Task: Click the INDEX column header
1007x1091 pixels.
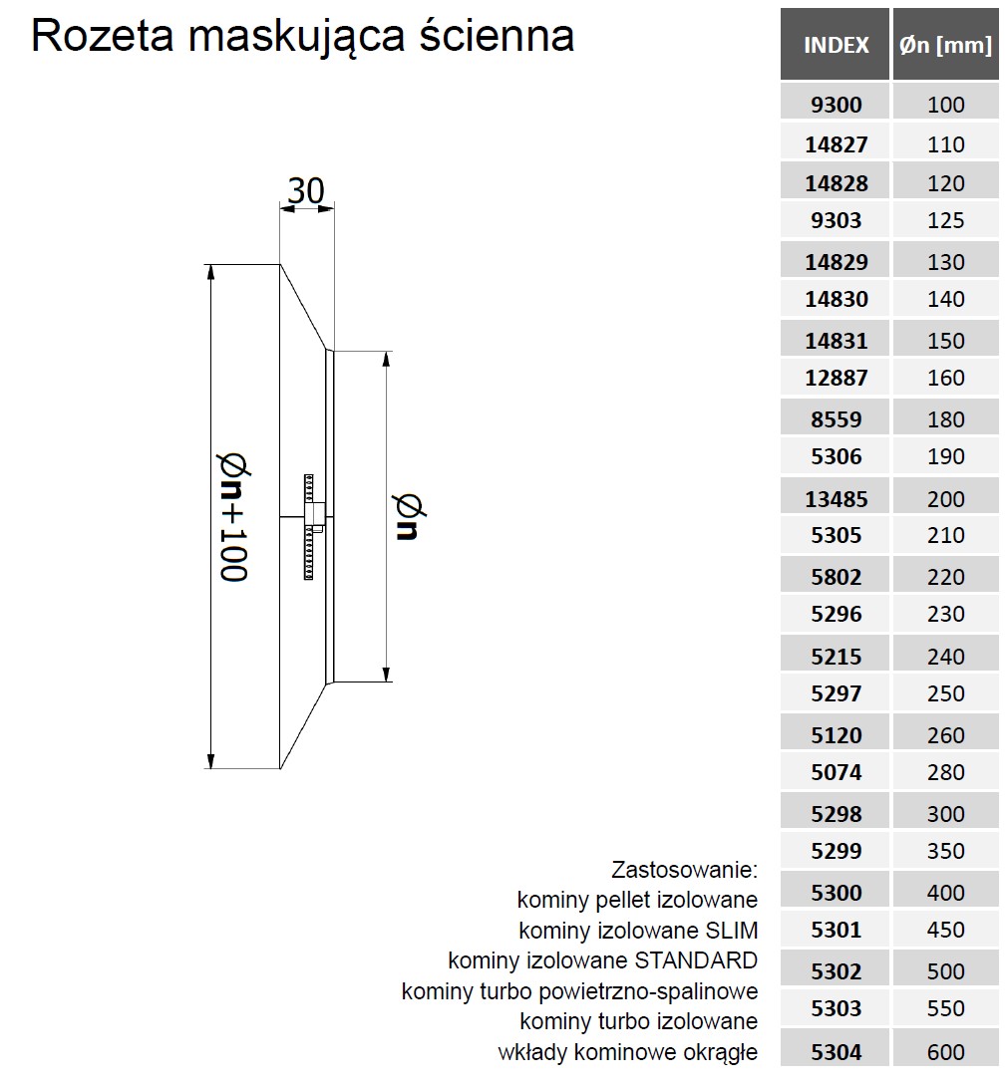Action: [836, 45]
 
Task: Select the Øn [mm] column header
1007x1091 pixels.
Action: [945, 45]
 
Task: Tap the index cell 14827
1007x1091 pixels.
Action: [836, 144]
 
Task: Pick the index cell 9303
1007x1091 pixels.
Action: [836, 220]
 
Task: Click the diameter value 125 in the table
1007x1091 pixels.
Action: [946, 220]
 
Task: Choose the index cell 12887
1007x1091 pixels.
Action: [836, 378]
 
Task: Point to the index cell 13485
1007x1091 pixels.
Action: [836, 499]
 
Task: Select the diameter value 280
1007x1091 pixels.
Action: [946, 771]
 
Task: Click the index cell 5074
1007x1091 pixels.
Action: [836, 771]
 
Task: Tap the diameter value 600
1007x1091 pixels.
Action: [946, 1051]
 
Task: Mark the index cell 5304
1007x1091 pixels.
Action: [836, 1051]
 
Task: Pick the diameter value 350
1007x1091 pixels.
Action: [946, 850]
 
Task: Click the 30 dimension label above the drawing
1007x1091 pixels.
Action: [306, 190]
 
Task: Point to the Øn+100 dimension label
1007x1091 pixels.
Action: [234, 517]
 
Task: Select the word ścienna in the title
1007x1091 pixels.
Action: [497, 35]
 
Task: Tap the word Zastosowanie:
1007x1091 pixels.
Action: [684, 869]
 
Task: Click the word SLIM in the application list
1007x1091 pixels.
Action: [732, 930]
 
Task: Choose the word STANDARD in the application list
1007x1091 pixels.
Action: [696, 960]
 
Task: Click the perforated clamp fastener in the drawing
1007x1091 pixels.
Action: [309, 527]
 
